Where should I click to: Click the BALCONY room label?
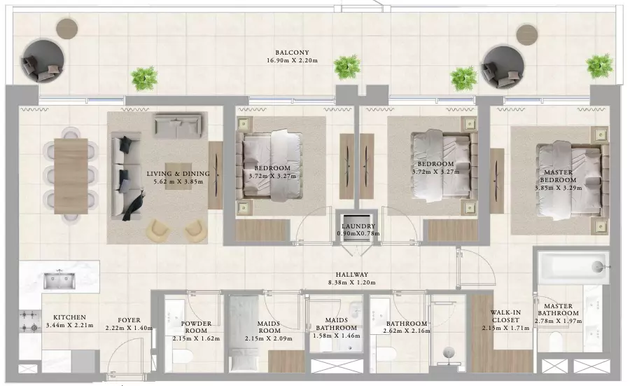(292, 53)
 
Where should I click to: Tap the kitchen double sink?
(59, 280)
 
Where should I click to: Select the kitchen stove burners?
(29, 322)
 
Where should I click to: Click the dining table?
(71, 176)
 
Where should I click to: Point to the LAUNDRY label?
(358, 226)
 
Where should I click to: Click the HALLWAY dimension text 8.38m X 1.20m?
(351, 282)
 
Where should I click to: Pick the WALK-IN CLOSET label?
(505, 317)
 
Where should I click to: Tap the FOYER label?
(129, 320)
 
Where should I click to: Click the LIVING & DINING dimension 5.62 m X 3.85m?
(178, 181)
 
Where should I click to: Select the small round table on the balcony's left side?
(66, 28)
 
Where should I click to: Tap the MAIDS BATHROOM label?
(336, 324)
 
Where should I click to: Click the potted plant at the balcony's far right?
(599, 66)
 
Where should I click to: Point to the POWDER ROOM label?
(196, 327)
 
